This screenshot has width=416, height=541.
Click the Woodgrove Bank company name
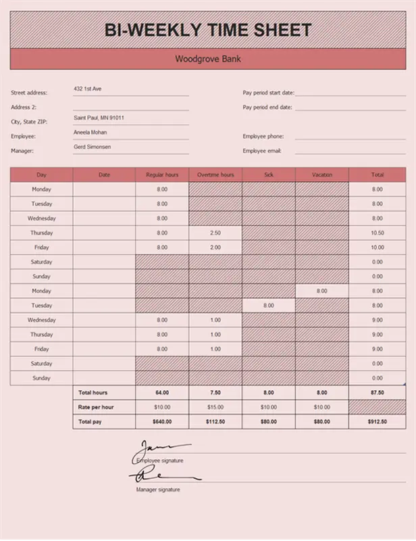208,59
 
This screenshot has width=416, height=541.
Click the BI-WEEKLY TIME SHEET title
208,30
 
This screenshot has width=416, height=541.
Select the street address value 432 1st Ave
87,89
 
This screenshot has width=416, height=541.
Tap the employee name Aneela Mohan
91,133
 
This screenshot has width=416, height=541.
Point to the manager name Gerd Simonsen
92,147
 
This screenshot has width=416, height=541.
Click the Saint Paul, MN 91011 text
99,118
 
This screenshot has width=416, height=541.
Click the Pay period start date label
268,93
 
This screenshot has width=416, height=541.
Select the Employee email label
262,151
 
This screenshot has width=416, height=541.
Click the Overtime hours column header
215,175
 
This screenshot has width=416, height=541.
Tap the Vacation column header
322,175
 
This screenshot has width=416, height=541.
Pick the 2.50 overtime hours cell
215,233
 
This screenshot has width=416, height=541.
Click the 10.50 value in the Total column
377,233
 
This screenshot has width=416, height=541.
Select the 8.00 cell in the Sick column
269,306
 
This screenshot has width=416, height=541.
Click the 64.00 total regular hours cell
162,393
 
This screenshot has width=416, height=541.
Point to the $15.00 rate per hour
215,407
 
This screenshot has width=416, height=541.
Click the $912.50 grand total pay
377,421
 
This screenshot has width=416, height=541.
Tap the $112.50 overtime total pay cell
215,421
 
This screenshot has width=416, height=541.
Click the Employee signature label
160,461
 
